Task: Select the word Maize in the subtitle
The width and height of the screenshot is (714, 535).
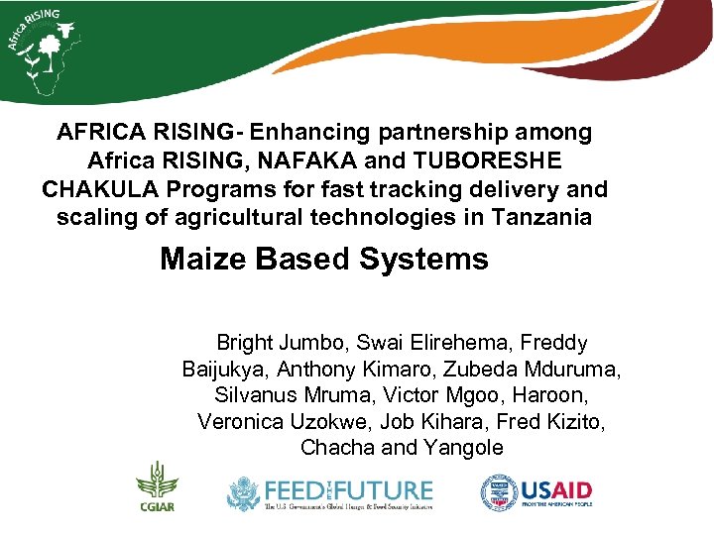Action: [203, 260]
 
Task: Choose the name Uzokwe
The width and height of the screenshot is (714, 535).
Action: [329, 421]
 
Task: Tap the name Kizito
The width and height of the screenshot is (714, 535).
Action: [571, 421]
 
